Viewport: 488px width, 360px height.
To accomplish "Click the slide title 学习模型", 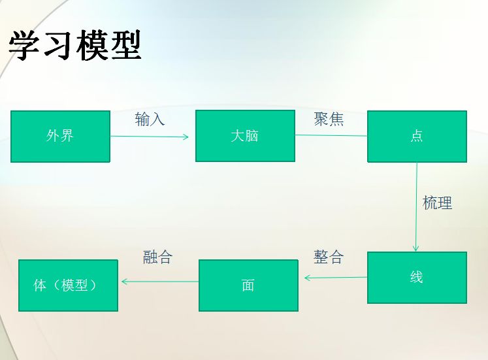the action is pyautogui.click(x=74, y=45).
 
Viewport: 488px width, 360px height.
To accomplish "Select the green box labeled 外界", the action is pyautogui.click(x=60, y=137).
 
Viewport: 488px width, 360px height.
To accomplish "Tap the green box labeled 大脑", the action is pyautogui.click(x=245, y=136).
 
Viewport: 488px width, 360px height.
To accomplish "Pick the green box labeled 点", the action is pyautogui.click(x=417, y=137).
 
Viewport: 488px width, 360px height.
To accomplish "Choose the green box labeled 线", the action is pyautogui.click(x=417, y=278).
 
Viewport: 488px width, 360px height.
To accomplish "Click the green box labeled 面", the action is pyautogui.click(x=248, y=286).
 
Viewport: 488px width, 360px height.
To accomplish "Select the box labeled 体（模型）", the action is pyautogui.click(x=68, y=286).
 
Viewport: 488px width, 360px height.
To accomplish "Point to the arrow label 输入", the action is pyautogui.click(x=150, y=119).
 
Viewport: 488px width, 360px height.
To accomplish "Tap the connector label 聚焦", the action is pyautogui.click(x=329, y=119).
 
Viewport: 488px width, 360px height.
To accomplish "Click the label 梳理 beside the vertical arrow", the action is pyautogui.click(x=437, y=203).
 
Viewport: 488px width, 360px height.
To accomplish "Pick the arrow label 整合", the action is pyautogui.click(x=329, y=257).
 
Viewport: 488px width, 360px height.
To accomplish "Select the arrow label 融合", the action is pyautogui.click(x=157, y=257).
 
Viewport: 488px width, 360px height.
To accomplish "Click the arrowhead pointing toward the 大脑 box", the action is pyautogui.click(x=186, y=137).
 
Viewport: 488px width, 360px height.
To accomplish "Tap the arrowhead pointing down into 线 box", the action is pyautogui.click(x=415, y=248).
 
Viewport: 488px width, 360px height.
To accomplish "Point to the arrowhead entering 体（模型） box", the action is pyautogui.click(x=125, y=282).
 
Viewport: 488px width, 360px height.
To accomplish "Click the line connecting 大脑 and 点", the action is pyautogui.click(x=331, y=135).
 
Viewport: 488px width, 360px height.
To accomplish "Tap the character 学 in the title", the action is pyautogui.click(x=25, y=45).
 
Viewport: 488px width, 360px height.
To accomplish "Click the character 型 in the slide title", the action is pyautogui.click(x=126, y=45).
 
